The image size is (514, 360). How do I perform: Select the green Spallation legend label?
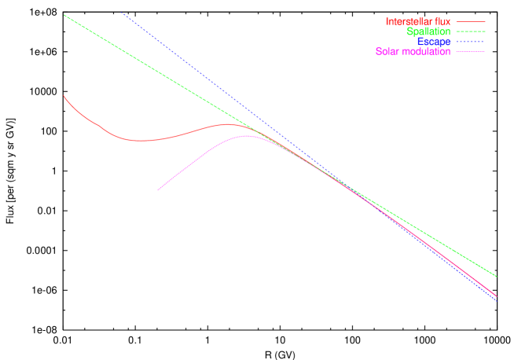click(x=428, y=32)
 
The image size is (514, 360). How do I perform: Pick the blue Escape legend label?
click(x=435, y=42)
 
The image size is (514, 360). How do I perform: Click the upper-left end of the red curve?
click(x=64, y=96)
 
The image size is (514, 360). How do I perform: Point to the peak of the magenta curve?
click(x=245, y=135)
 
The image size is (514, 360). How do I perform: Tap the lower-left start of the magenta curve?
click(x=158, y=190)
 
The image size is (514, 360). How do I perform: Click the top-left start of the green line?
click(x=64, y=14)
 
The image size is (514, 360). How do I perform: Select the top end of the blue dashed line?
click(x=123, y=13)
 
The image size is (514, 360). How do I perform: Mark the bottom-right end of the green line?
click(x=497, y=277)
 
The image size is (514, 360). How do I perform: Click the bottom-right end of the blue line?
click(x=497, y=300)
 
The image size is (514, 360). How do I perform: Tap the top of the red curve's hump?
click(x=229, y=124)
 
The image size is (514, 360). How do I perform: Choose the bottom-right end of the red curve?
click(x=497, y=296)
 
